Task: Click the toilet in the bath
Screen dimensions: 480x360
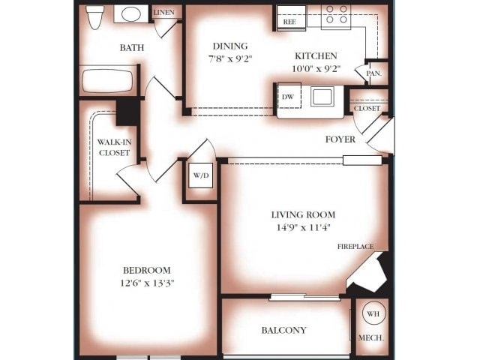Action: (x=94, y=16)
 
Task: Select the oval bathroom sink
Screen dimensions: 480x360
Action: (x=131, y=13)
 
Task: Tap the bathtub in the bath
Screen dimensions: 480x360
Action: (x=108, y=81)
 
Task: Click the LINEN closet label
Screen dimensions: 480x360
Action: (x=163, y=13)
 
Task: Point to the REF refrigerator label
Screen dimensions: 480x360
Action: (x=289, y=22)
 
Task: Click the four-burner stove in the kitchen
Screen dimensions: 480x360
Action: (x=336, y=17)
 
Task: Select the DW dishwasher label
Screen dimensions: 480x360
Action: (x=288, y=97)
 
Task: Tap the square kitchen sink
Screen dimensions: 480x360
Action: (x=322, y=97)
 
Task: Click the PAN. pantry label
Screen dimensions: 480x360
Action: (x=373, y=73)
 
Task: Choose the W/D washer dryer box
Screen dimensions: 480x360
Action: (x=201, y=175)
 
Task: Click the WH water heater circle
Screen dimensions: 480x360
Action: (x=373, y=313)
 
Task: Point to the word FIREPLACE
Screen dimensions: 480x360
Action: (x=355, y=247)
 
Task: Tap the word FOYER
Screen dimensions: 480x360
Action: (x=340, y=139)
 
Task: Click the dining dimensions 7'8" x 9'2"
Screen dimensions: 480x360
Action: (x=230, y=58)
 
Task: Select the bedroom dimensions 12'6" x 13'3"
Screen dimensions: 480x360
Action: (x=147, y=283)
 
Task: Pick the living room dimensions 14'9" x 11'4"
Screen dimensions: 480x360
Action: (x=303, y=227)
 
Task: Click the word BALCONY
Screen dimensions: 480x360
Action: (x=283, y=330)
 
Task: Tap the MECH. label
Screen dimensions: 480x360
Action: (x=371, y=338)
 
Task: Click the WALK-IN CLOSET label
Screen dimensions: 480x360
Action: (x=115, y=148)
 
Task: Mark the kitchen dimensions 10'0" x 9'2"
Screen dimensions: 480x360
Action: (x=316, y=68)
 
